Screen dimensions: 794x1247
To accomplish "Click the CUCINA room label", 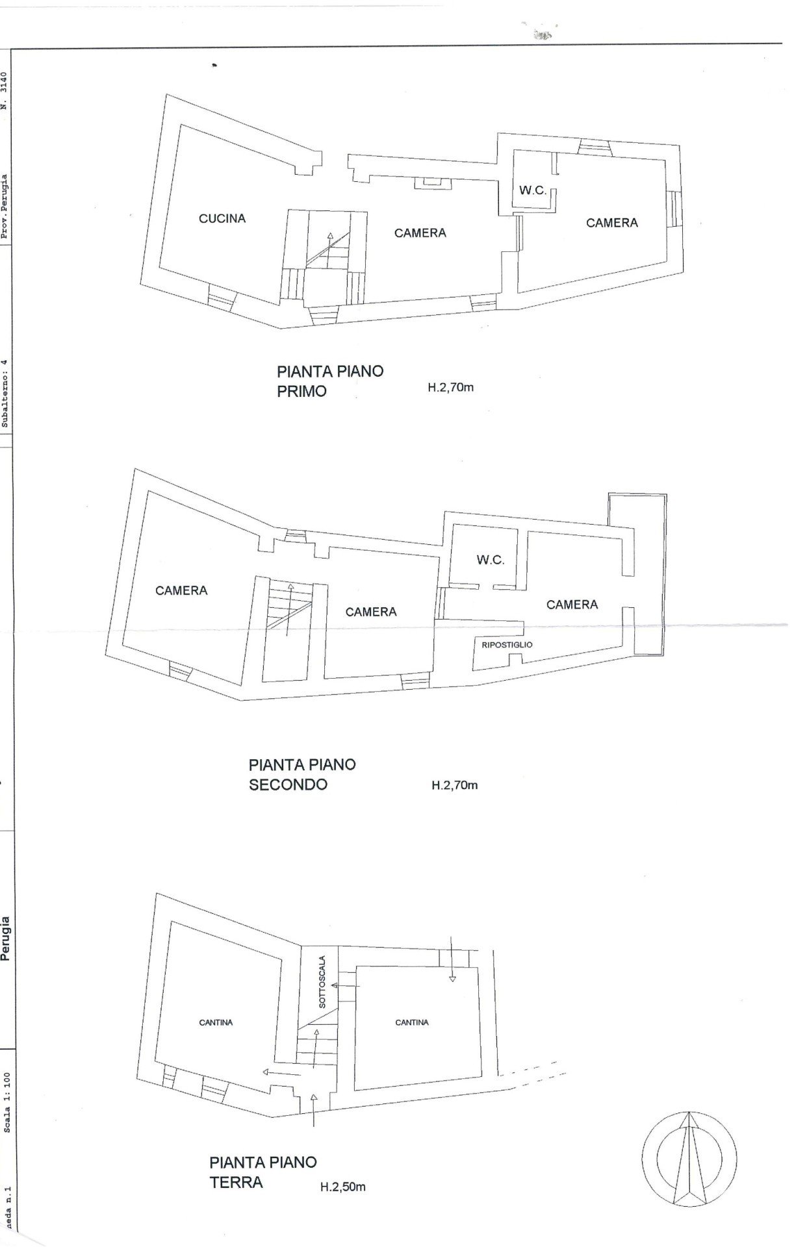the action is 222,219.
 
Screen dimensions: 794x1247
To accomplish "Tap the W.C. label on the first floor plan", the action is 532,191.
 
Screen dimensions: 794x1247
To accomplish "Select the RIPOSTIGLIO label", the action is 507,645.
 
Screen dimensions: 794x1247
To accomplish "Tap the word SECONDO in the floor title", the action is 288,785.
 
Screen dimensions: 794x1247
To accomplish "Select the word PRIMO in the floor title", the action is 301,392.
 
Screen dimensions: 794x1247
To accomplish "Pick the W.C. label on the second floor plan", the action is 491,560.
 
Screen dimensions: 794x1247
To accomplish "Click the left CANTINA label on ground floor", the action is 216,1022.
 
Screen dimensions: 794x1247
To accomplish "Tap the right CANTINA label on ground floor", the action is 412,1022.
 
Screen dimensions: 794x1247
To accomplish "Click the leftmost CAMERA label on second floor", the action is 181,590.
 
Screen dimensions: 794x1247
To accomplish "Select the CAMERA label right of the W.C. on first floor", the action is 612,223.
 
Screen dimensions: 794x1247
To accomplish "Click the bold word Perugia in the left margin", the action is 6,937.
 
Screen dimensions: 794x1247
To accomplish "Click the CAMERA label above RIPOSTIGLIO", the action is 572,605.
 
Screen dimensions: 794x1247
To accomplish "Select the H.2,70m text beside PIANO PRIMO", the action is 451,388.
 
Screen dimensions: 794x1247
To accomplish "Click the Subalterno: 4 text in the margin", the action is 6,392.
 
